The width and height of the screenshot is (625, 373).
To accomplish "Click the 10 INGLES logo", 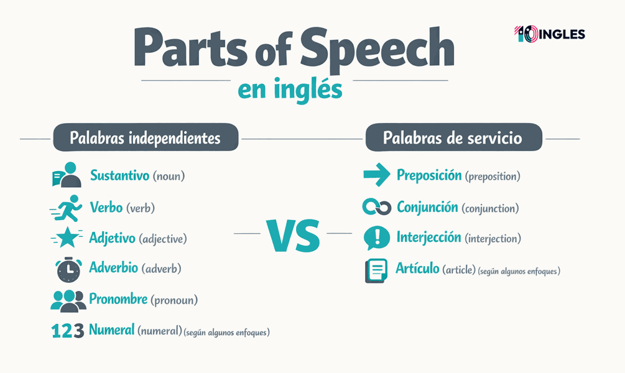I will (x=550, y=34).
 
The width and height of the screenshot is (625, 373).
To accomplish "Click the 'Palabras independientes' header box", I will (x=145, y=138).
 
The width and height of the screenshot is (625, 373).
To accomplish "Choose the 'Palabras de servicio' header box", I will (x=453, y=138).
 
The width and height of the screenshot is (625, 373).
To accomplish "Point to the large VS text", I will (x=293, y=236).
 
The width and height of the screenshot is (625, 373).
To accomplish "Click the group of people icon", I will (x=68, y=300).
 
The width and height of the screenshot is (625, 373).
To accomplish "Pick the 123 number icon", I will (x=67, y=331).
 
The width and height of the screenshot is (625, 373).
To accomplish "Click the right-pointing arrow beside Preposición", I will (x=376, y=176).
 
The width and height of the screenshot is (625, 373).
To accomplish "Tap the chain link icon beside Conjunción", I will (x=376, y=208).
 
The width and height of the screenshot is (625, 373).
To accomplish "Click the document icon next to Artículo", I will (x=376, y=270).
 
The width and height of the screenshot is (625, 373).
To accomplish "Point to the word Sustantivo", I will (x=121, y=175).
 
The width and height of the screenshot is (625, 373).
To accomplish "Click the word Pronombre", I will (x=118, y=300).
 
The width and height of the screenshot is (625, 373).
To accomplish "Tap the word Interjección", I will (x=429, y=237).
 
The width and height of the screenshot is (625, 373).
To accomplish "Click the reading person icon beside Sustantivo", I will (x=67, y=175).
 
